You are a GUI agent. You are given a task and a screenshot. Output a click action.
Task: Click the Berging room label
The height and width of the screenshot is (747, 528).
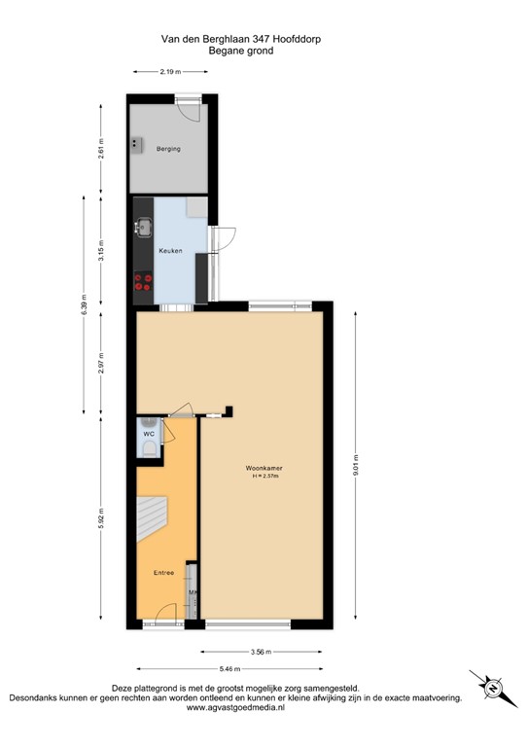168,149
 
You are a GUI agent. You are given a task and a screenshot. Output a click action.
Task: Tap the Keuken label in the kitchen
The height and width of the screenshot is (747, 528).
171,251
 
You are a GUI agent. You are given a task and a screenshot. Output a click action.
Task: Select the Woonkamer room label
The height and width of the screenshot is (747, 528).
264,468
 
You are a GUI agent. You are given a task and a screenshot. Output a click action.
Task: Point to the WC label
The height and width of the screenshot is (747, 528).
149,434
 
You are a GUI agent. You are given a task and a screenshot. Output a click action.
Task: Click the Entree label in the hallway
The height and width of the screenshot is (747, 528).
163,572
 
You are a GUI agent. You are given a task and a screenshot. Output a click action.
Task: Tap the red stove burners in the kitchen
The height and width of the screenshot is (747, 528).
144,282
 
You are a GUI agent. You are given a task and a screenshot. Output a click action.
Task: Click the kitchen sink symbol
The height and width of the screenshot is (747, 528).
143,229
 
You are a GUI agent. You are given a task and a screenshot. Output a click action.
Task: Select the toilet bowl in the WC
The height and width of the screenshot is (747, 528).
147,448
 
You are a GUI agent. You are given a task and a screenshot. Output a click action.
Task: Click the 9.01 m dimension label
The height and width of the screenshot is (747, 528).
357,463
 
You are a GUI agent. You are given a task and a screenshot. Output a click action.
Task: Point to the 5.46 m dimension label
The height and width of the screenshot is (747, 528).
230,668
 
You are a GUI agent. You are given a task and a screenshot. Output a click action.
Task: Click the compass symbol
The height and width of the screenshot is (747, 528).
491,688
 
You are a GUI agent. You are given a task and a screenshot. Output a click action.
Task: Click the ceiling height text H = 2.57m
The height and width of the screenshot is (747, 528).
264,477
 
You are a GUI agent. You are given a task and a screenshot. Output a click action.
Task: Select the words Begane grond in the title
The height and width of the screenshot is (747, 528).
240,51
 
